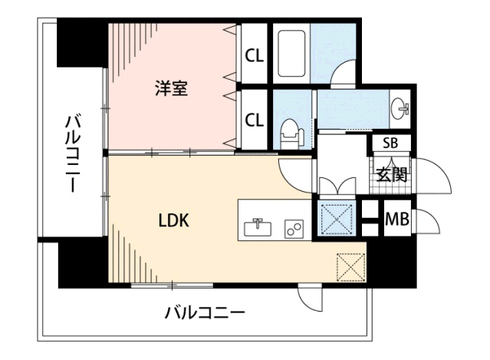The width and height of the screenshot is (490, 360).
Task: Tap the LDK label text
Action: (174, 220)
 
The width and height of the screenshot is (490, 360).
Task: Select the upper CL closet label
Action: (255, 55)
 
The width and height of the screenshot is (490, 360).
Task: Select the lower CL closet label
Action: (255, 119)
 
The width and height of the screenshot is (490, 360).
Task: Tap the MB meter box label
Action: (396, 219)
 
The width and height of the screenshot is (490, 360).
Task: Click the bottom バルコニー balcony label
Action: (205, 312)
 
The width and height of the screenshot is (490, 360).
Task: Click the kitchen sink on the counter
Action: (257, 227)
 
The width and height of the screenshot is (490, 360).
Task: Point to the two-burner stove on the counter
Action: (293, 228)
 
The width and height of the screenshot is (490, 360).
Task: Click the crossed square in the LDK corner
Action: (350, 268)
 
